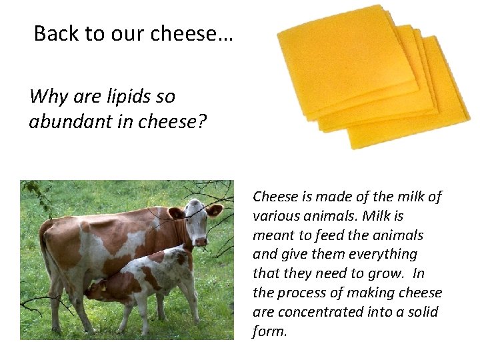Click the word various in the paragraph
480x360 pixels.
coord(275,216)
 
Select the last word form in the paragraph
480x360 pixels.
coord(268,331)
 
